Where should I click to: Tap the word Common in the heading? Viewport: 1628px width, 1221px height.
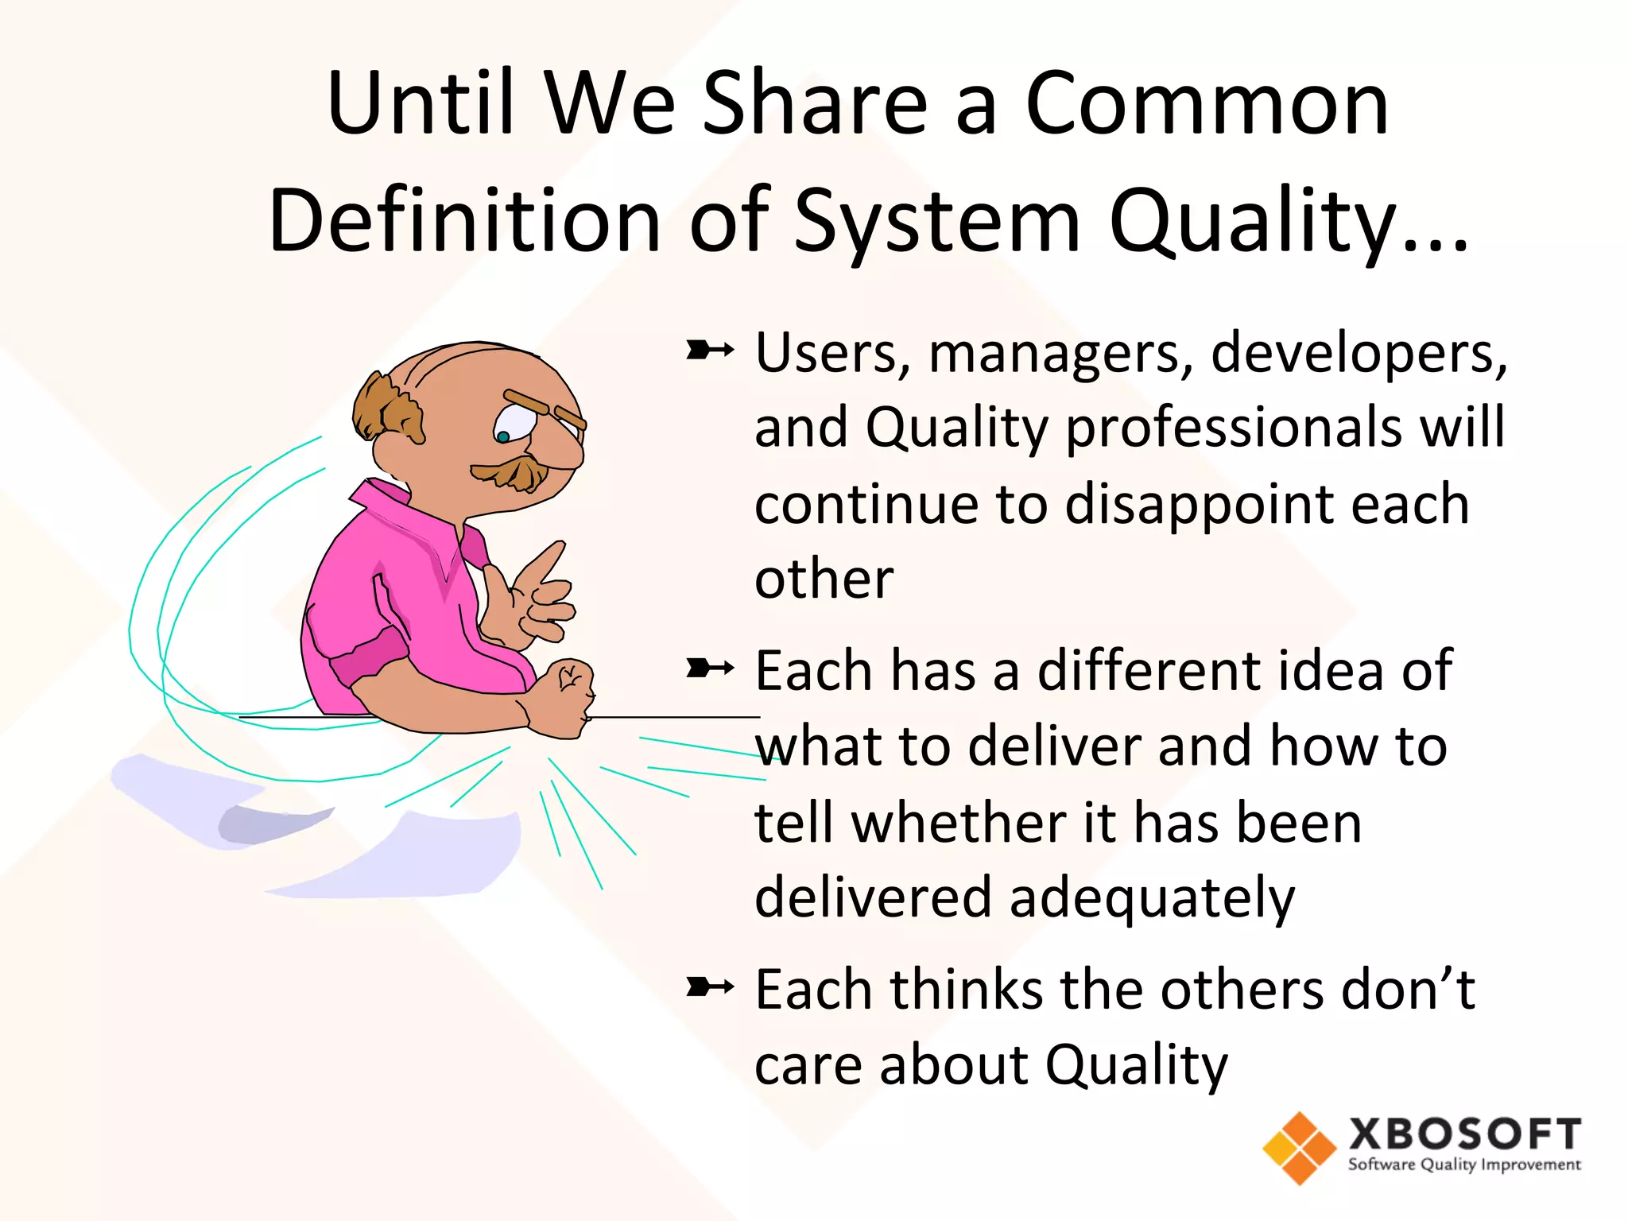pyautogui.click(x=1207, y=105)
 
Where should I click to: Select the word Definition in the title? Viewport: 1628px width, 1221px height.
pyautogui.click(x=464, y=221)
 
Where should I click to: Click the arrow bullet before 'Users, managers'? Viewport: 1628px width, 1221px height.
pyautogui.click(x=709, y=350)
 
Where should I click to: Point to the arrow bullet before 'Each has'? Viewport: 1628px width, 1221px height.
pyautogui.click(x=709, y=669)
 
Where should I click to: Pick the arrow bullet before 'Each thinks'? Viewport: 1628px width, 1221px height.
pyautogui.click(x=709, y=987)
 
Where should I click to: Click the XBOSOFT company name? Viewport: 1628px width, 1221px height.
pyautogui.click(x=1463, y=1134)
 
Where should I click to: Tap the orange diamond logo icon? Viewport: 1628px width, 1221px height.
pyautogui.click(x=1299, y=1147)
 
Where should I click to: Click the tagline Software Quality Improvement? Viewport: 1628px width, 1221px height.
pyautogui.click(x=1463, y=1165)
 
